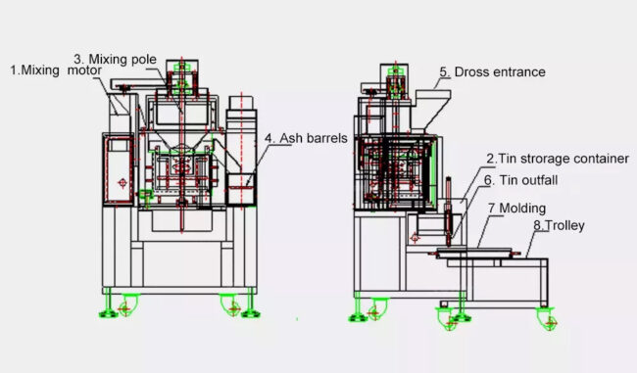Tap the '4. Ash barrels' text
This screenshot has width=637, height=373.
(x=306, y=138)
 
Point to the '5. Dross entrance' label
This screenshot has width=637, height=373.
(x=492, y=71)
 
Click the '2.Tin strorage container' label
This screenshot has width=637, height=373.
(x=558, y=158)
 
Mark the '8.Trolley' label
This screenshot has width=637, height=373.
(x=560, y=225)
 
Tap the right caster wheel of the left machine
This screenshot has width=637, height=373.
(x=233, y=306)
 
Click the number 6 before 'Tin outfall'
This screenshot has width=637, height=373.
(x=486, y=180)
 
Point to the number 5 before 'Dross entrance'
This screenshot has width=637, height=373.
(x=443, y=71)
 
